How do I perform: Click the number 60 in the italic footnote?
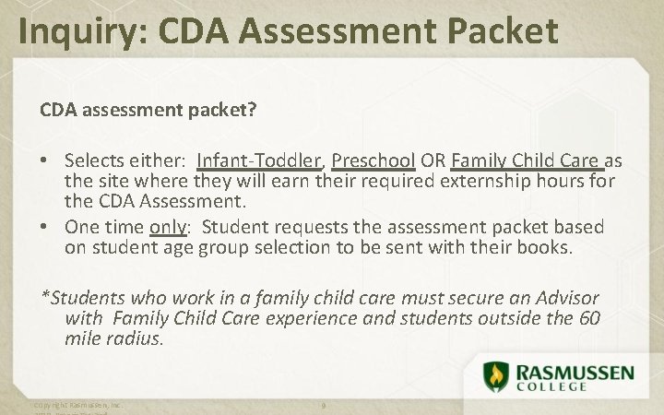590,319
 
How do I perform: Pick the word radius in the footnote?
136,338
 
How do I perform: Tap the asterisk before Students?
44,297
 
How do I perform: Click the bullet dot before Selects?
45,160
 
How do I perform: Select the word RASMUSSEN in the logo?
575,371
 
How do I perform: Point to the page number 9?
324,406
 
